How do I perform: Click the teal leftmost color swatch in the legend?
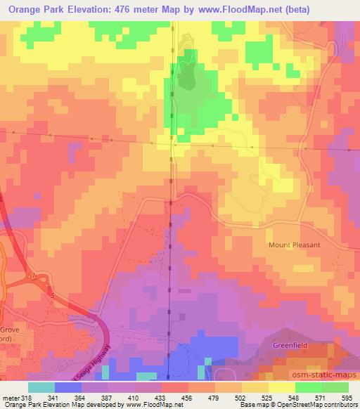[x=42, y=387]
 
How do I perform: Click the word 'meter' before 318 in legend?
[x=12, y=397]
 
